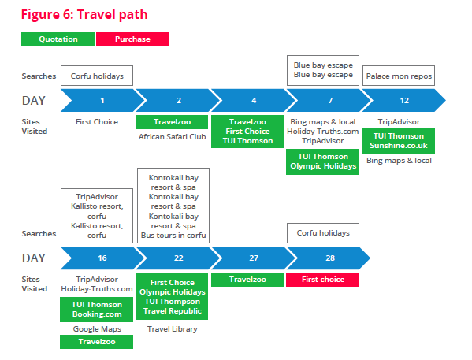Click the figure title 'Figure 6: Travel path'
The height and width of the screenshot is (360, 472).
coord(84,14)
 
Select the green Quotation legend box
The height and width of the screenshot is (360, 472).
coord(58,39)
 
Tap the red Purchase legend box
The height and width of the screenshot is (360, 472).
coord(132,39)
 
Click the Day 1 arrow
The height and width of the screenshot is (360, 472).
coord(102,100)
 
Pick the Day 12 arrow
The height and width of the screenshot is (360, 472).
coord(404,100)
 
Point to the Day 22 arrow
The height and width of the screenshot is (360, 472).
coord(178,258)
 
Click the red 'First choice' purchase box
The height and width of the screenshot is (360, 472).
coord(323,280)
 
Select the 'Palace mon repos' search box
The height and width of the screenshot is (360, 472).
coord(399,76)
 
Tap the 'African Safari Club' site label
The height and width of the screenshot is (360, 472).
coord(173,136)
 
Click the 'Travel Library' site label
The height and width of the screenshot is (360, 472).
coord(173,329)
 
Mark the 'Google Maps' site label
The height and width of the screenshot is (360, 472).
coord(97,329)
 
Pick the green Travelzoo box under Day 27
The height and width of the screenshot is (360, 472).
coord(247,280)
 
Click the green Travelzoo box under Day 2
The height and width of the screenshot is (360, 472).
coord(172,122)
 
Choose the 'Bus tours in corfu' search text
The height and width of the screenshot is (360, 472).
coord(173,235)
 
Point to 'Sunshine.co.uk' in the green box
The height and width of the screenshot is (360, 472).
coord(399,146)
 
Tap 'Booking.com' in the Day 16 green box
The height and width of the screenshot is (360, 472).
coord(97,314)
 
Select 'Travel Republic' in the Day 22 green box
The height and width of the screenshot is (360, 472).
coord(173,310)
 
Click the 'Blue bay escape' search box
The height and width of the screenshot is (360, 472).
coord(323,70)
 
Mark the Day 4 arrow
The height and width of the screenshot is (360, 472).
coord(254,100)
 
